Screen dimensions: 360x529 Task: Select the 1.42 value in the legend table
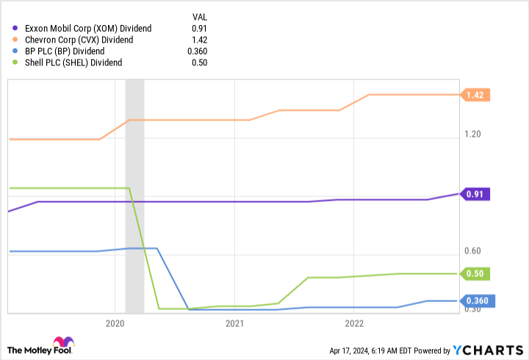pyautogui.click(x=199, y=40)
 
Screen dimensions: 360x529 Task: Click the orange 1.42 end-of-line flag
pyautogui.click(x=476, y=95)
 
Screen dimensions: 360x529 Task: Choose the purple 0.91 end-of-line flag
pyautogui.click(x=476, y=194)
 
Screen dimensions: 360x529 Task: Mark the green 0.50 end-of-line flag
pyautogui.click(x=476, y=273)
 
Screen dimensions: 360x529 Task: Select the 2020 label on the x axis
pyautogui.click(x=115, y=323)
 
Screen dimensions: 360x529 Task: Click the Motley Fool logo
pyautogui.click(x=40, y=345)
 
